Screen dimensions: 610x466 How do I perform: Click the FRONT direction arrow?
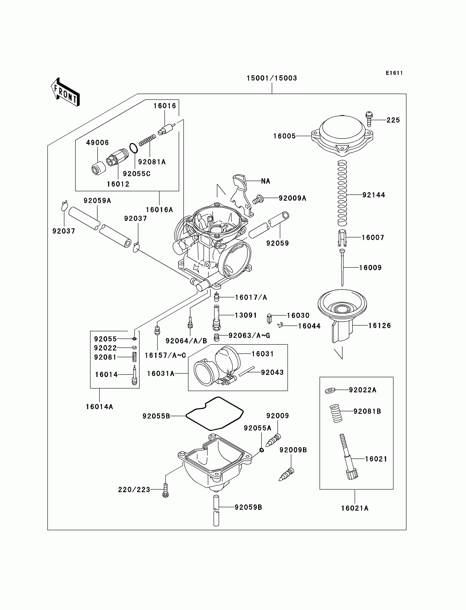coord(66,92)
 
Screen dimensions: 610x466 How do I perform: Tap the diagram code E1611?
coord(394,73)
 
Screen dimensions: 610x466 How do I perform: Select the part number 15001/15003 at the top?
coord(272,78)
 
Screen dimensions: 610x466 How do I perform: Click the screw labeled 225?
coord(369,119)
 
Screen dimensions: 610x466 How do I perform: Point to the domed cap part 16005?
coord(342,134)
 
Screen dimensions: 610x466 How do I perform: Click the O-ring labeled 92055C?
coord(133,148)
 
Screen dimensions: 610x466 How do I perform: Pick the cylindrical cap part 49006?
coord(99,168)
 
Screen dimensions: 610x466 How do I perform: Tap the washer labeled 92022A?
coord(330,390)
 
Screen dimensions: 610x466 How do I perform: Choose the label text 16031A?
coord(161,374)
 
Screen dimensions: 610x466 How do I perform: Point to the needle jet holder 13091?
coord(216,317)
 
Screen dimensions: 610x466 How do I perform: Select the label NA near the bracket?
coord(265,181)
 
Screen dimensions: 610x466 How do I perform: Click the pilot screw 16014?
coord(135,375)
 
